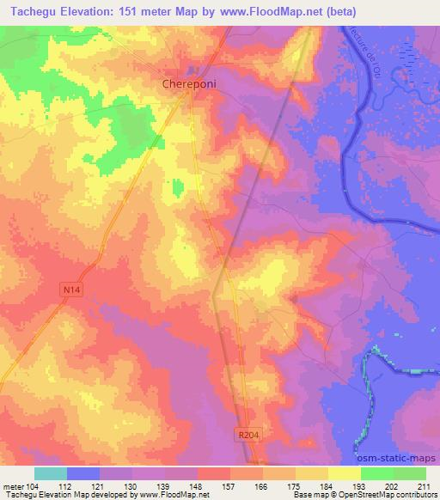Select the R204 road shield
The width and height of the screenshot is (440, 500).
(247, 436)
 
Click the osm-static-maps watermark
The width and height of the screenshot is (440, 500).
(399, 456)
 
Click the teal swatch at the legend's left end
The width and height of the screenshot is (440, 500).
(51, 473)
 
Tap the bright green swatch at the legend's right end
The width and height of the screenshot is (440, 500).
(409, 473)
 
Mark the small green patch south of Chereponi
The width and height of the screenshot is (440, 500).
(177, 186)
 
